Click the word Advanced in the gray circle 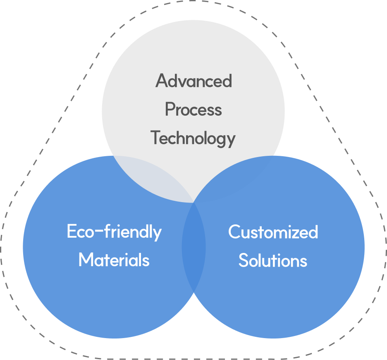193,81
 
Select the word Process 193,110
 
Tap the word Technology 193,138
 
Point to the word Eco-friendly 114,232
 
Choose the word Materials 114,260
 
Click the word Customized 273,232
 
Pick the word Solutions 273,261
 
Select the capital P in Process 170,110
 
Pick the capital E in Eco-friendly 72,231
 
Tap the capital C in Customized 234,232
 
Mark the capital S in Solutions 244,261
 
